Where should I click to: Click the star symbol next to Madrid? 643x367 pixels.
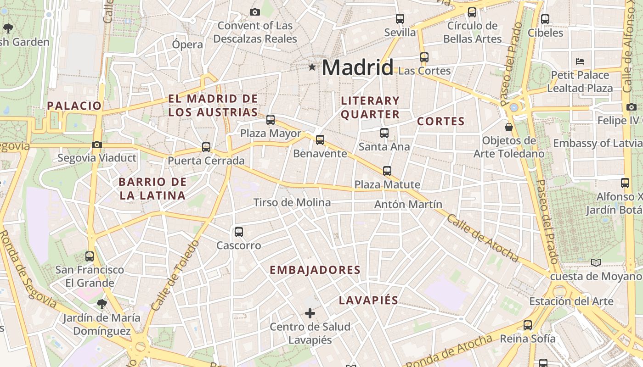click(x=312, y=67)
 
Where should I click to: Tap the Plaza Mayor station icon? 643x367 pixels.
click(x=271, y=120)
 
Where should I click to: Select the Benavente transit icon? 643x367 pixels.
click(x=320, y=139)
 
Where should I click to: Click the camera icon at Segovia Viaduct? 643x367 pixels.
click(x=96, y=145)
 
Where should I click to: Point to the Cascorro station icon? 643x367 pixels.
click(x=239, y=232)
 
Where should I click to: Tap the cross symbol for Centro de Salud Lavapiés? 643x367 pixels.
click(x=310, y=313)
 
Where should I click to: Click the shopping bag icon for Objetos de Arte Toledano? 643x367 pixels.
click(x=509, y=127)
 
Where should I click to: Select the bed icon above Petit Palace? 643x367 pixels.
click(x=580, y=61)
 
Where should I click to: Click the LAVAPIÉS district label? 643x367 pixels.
click(x=368, y=300)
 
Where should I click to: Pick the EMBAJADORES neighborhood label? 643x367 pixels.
click(x=315, y=270)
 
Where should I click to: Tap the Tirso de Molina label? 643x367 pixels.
click(x=292, y=202)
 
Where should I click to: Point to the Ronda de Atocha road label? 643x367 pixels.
click(x=449, y=351)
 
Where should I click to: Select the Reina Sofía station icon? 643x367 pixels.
click(x=528, y=325)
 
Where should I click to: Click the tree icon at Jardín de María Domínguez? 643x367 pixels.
click(x=102, y=304)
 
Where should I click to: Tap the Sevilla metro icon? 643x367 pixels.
click(x=400, y=19)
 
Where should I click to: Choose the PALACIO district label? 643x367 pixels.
click(x=74, y=106)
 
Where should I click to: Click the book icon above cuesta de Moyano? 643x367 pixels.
click(x=596, y=263)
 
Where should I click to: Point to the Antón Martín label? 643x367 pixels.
click(x=408, y=204)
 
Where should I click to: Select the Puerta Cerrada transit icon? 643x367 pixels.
click(x=206, y=147)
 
